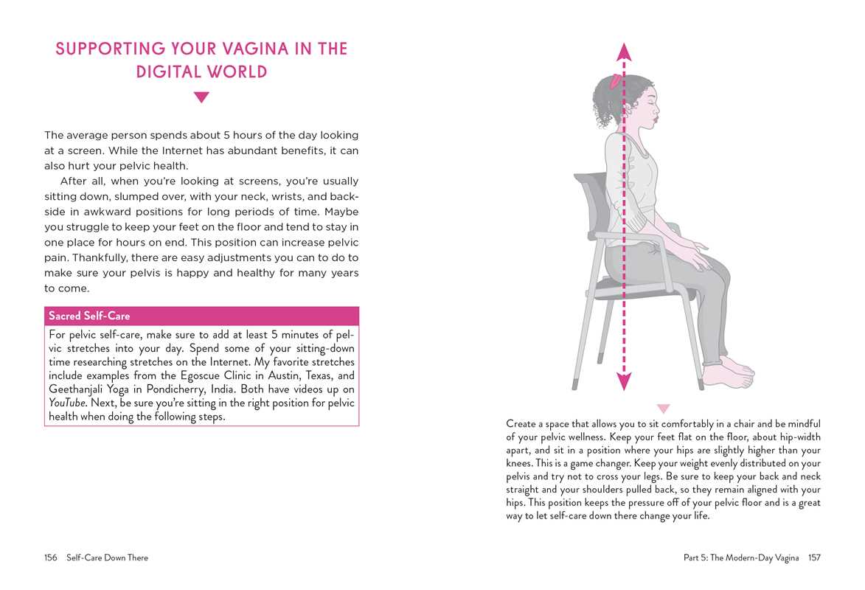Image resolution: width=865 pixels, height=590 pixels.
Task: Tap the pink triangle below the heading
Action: pos(201,97)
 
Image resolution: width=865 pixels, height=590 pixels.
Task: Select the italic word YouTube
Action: pos(67,403)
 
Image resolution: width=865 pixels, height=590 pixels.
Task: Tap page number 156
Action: pos(51,558)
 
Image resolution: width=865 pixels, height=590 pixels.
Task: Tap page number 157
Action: pos(813,558)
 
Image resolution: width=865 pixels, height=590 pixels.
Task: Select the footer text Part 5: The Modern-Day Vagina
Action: pos(741,558)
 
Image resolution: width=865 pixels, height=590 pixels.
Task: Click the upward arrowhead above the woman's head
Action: pos(624,52)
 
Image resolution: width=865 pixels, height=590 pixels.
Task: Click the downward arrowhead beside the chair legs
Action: pos(624,381)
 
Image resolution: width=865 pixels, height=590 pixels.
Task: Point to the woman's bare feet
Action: pos(730,372)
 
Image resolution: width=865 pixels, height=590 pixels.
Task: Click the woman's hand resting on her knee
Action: pos(697,257)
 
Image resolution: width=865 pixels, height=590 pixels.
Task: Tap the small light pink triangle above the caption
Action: pos(663,408)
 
